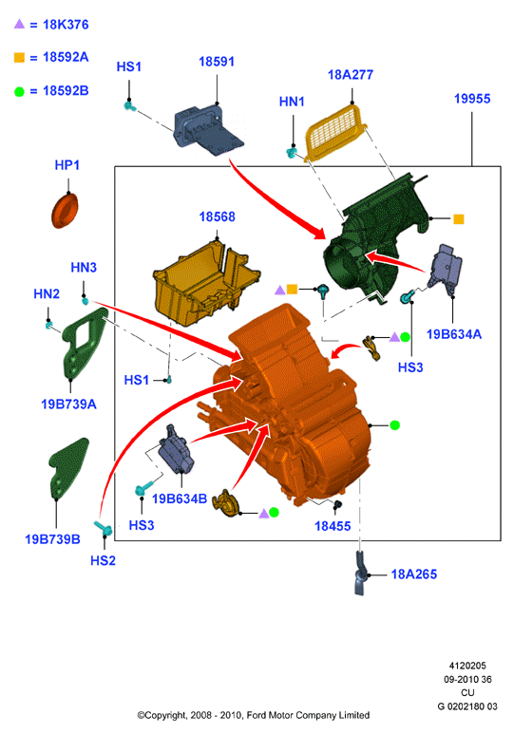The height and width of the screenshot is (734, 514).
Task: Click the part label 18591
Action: [x=217, y=62]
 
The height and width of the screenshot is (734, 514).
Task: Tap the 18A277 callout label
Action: [x=351, y=75]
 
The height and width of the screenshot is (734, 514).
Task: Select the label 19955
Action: [x=472, y=99]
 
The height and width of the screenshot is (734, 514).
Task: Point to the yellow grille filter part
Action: [x=334, y=131]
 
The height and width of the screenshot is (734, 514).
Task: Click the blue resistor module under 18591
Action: [x=208, y=129]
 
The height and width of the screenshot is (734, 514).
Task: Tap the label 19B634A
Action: [x=453, y=334]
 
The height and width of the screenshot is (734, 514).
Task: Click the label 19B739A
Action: [x=68, y=404]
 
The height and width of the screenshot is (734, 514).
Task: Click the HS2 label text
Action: [x=103, y=560]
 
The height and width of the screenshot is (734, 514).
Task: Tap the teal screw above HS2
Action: [x=103, y=528]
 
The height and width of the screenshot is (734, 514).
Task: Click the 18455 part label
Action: [x=333, y=526]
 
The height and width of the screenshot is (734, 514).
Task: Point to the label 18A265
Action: [x=414, y=574]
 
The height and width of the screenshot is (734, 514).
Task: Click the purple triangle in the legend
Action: [x=19, y=24]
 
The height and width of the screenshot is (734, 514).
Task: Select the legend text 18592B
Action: [x=66, y=91]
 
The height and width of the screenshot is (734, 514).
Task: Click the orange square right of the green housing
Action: [x=459, y=218]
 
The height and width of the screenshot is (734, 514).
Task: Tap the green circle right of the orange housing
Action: [x=394, y=425]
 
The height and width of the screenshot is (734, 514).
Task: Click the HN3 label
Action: [x=84, y=267]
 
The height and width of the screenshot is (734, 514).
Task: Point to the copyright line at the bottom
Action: [x=254, y=715]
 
